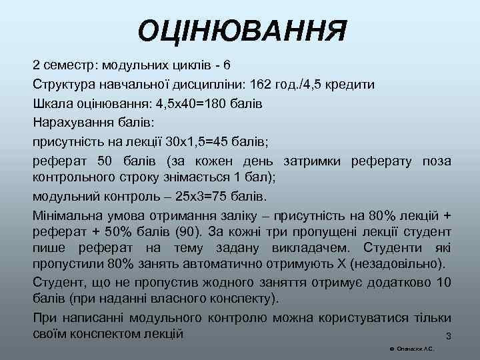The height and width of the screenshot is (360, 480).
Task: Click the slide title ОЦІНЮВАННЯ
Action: tap(242, 31)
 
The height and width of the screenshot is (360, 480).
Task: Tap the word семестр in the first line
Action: tap(69, 66)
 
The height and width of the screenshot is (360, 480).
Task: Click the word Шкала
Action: tap(53, 104)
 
